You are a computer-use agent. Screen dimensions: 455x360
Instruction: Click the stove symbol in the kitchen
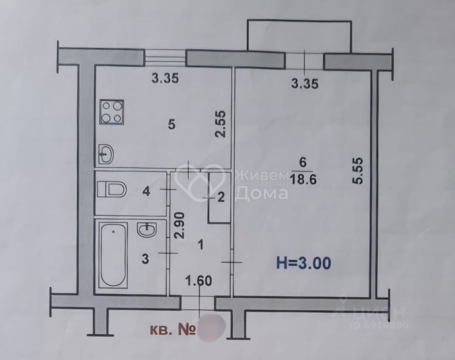point(111,112)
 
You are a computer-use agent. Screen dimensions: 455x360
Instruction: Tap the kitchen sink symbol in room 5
point(107,154)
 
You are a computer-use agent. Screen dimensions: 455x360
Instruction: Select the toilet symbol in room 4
point(112,189)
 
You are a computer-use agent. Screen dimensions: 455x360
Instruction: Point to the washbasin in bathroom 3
point(147,230)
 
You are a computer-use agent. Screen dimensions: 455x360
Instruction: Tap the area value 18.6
point(302,178)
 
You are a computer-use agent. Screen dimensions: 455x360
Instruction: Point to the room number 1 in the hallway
point(201,245)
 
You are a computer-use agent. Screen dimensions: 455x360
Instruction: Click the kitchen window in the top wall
point(166,58)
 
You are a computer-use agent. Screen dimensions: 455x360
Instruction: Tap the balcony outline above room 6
point(300,34)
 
